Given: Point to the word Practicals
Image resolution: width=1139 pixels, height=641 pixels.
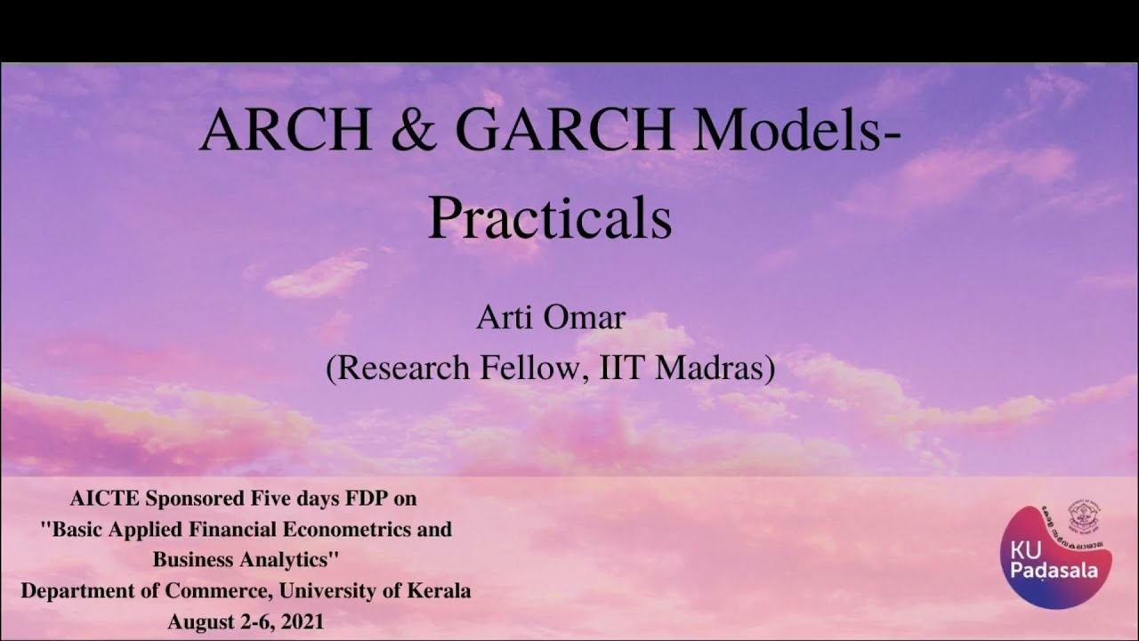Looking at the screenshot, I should tap(549, 219).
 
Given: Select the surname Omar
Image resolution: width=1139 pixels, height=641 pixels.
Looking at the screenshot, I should tap(586, 318).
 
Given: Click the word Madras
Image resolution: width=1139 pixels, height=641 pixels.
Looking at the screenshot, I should tap(715, 368).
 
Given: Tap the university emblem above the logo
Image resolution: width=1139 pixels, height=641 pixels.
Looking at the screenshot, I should tap(1084, 516).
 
